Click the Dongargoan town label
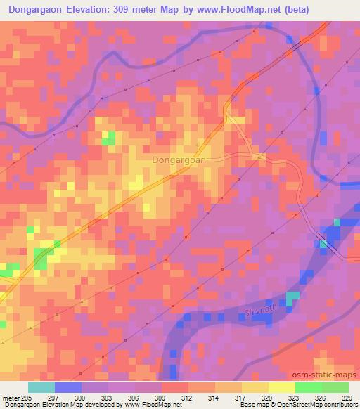click(179, 160)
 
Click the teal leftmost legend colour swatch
click(41, 387)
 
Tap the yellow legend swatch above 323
click(281, 387)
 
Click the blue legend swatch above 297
click(68, 387)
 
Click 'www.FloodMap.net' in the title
click(235, 10)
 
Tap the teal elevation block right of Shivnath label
click(292, 298)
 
